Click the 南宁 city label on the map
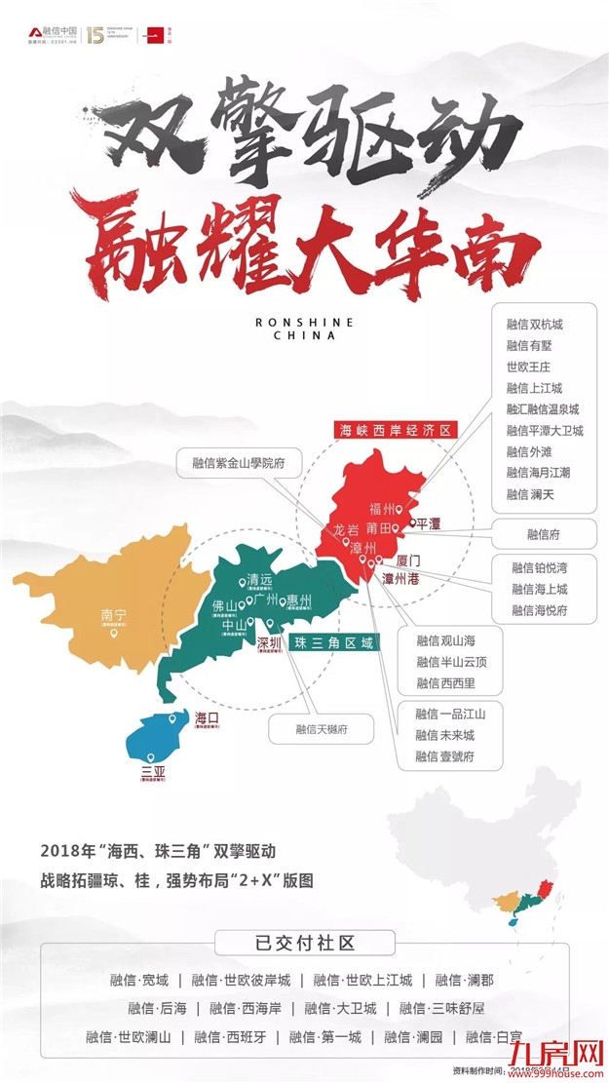[x=114, y=615]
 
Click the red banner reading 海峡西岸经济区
[x=384, y=430]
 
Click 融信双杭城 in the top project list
[x=535, y=323]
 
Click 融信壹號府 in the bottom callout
[x=444, y=756]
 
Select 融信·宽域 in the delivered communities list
[x=140, y=980]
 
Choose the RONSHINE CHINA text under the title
[x=304, y=329]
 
